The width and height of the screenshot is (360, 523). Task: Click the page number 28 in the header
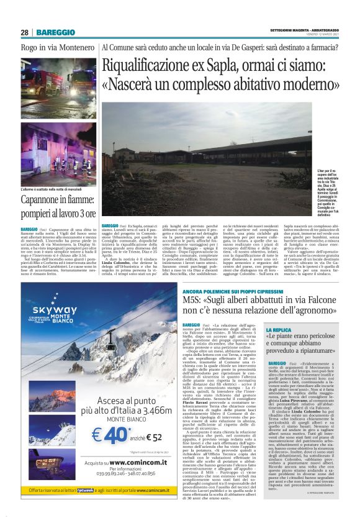click(24, 32)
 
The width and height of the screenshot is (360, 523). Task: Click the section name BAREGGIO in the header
click(56, 32)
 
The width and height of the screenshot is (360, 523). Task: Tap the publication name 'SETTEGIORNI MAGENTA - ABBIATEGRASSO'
click(304, 29)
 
